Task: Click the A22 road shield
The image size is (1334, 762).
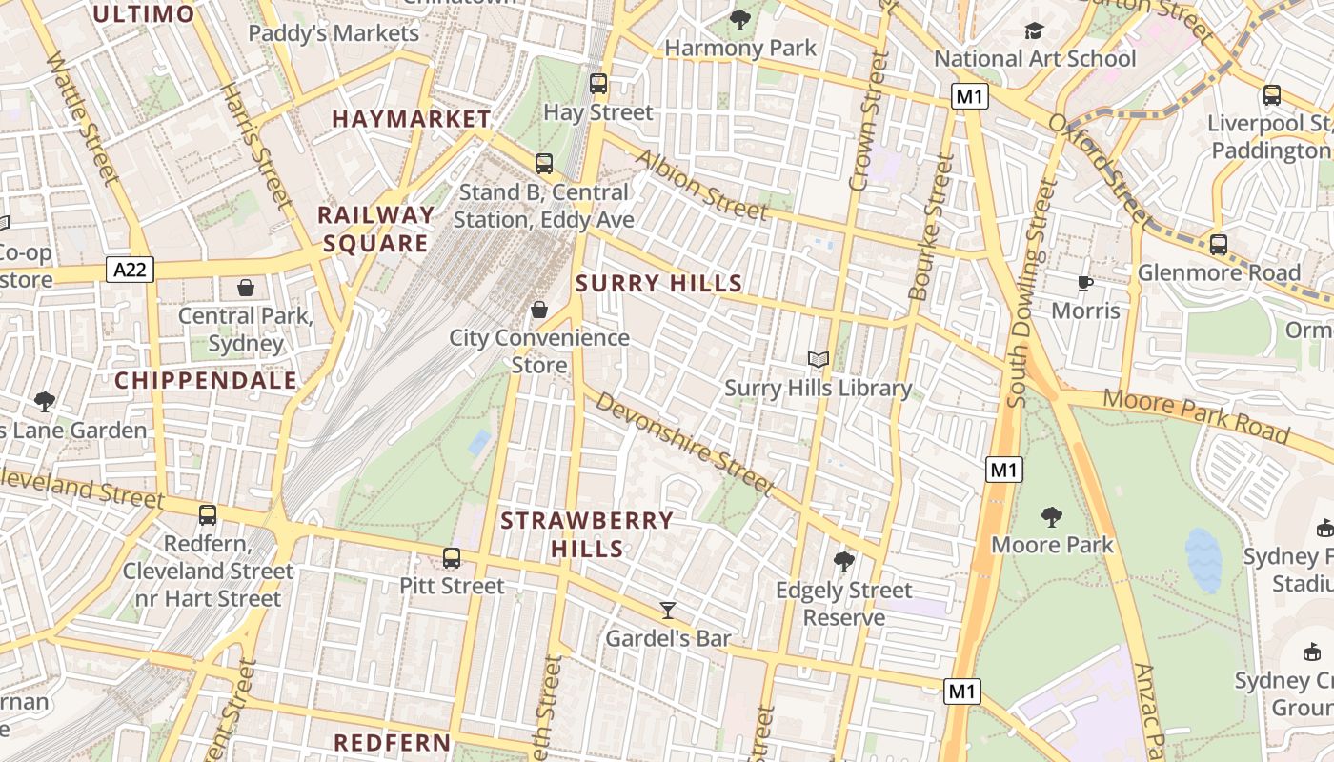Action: (x=130, y=271)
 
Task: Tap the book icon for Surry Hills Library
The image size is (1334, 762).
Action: (x=819, y=359)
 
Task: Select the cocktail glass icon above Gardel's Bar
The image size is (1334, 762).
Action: (x=668, y=610)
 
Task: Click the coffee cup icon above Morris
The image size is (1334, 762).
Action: (x=1084, y=282)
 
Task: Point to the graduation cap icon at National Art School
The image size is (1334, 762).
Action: (x=1034, y=31)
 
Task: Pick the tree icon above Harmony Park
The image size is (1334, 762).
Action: (x=739, y=19)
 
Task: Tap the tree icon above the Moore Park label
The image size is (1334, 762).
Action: (x=1052, y=517)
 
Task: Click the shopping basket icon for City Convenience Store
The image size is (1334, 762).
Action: (x=539, y=310)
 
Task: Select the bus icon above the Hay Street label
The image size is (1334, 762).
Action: (x=598, y=84)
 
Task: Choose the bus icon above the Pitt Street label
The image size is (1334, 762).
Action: (x=452, y=557)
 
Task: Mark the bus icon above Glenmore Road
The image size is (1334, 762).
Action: (x=1219, y=245)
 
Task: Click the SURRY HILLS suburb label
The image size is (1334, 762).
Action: (x=658, y=283)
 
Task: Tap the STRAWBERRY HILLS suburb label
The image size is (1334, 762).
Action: (x=587, y=534)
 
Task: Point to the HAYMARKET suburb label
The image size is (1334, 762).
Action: (x=411, y=119)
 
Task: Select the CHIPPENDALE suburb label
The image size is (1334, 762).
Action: (x=206, y=381)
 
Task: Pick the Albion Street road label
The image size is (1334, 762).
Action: (x=702, y=184)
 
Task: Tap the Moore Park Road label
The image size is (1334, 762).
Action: (x=1197, y=416)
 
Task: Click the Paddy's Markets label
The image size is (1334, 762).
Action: (x=333, y=33)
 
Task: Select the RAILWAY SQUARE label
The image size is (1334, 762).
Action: (x=375, y=229)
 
